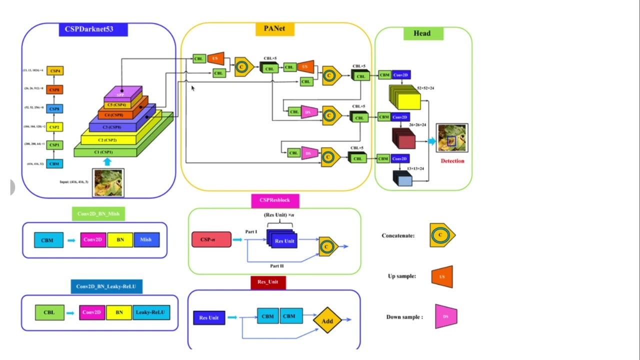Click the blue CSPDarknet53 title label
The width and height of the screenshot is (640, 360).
(x=93, y=29)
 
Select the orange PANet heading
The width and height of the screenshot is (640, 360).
(x=274, y=29)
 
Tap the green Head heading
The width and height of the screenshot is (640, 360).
(x=422, y=33)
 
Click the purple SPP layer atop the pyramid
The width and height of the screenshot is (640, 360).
(x=122, y=93)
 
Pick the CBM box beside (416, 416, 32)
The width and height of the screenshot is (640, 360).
(x=54, y=163)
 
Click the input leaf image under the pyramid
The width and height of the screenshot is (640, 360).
(x=108, y=182)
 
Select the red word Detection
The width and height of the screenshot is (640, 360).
(x=452, y=161)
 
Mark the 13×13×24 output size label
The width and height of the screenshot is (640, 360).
(x=415, y=168)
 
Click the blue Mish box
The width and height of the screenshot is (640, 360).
(x=146, y=239)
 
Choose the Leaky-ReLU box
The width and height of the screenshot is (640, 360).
(x=150, y=312)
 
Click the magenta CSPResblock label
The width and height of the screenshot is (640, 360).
(x=275, y=200)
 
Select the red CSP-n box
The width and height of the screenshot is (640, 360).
(x=211, y=239)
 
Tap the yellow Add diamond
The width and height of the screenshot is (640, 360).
(x=327, y=321)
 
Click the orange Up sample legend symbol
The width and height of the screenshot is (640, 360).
(x=442, y=276)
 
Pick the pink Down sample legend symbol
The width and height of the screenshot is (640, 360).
(x=446, y=316)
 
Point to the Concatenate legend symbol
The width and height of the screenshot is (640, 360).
(x=441, y=235)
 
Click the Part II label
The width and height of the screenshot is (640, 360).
(x=277, y=266)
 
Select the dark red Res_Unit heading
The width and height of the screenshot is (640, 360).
(x=268, y=282)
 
